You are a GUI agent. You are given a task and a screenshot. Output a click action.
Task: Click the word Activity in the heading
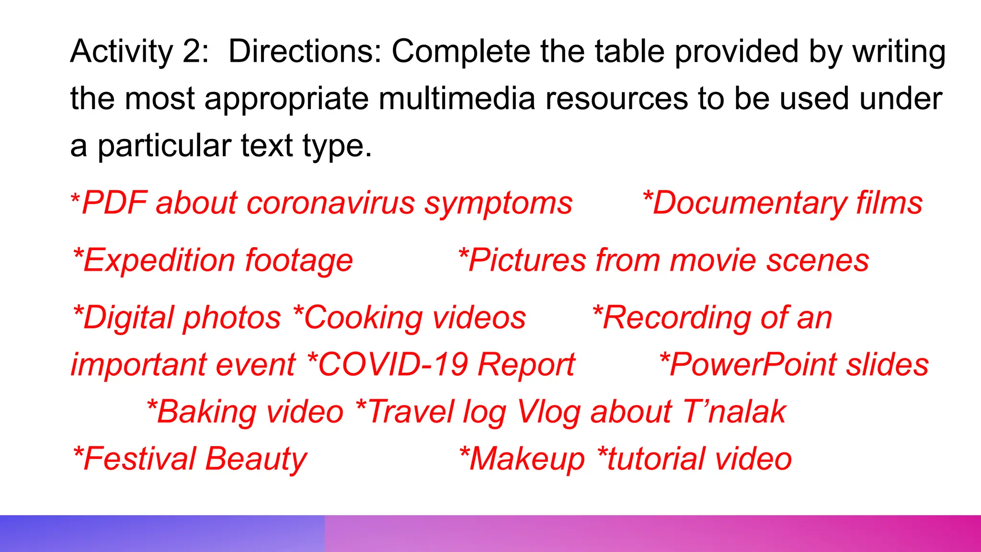point(121,51)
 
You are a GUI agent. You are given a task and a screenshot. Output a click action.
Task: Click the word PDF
point(114,203)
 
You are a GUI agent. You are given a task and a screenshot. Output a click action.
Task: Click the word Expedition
point(158,260)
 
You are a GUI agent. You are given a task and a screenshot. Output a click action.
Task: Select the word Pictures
point(526,260)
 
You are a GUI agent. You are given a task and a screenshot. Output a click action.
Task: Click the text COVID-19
point(393,365)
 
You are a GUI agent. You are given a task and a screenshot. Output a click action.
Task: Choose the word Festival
point(139,459)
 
